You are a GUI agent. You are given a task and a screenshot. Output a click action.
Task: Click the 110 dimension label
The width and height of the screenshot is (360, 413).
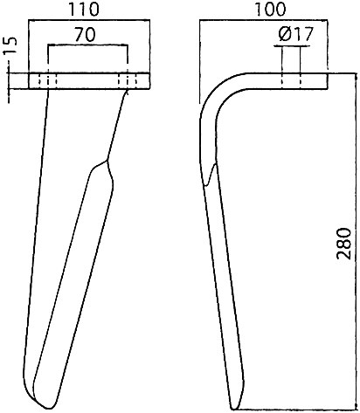coord(83,10)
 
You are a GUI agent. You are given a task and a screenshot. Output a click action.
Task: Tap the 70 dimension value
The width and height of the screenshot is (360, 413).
coord(85,34)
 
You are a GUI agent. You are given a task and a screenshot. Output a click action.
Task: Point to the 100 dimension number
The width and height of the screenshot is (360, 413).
coord(270,10)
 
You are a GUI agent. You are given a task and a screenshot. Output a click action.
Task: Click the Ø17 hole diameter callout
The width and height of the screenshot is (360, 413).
coord(295,34)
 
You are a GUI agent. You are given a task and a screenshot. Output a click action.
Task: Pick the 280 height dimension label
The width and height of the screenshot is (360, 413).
coord(344,244)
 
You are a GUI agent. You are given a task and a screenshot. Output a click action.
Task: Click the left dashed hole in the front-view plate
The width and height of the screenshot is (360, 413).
coord(48,81)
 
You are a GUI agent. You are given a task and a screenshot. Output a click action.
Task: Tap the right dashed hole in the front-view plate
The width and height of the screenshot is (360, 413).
coord(128,81)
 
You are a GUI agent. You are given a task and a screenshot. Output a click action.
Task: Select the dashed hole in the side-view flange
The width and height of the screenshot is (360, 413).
coord(291,81)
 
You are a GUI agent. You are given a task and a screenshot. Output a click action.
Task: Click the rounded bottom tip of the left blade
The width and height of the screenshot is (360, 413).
coord(48,407)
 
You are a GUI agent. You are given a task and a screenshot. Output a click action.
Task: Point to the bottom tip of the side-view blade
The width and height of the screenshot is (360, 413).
coord(235,408)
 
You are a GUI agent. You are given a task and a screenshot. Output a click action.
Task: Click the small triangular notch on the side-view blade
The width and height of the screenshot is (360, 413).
coord(211,176)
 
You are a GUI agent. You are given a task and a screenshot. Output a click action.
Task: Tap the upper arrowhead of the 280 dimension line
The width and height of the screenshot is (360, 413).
coord(357,76)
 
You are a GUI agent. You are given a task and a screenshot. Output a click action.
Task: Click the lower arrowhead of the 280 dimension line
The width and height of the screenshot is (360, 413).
coord(357,406)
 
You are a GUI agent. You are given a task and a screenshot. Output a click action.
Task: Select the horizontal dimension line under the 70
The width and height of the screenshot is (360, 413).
coord(87,45)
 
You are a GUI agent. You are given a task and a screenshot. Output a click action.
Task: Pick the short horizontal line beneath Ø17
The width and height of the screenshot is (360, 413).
coord(291,46)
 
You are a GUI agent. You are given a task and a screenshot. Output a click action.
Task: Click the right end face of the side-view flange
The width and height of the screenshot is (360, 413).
coord(328,81)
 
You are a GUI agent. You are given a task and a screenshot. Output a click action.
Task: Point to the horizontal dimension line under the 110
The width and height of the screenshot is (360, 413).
coord(89,20)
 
